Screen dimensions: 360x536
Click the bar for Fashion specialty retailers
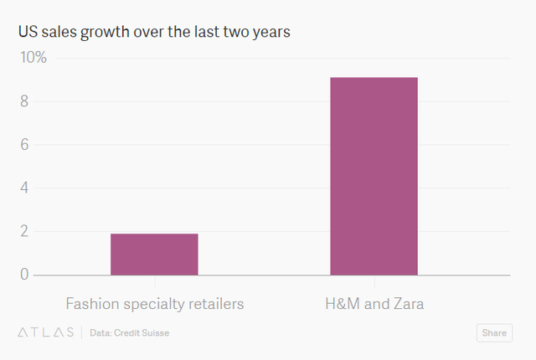(154, 254)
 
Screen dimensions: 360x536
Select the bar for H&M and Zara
(374, 176)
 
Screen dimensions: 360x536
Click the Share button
(493, 332)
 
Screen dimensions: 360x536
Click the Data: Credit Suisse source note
(129, 332)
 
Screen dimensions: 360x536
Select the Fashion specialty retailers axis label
(154, 303)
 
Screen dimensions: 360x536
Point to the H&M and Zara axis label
(374, 303)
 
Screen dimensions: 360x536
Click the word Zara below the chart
(406, 303)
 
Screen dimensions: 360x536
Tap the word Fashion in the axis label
(92, 303)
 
